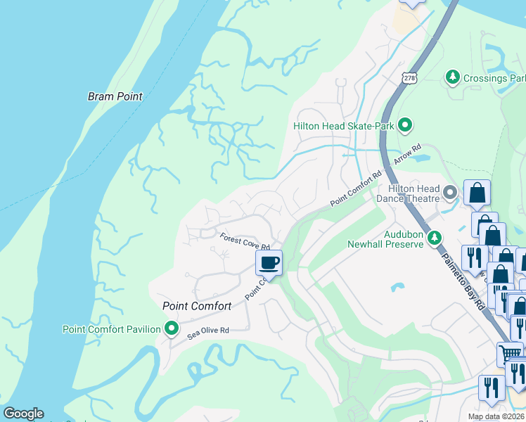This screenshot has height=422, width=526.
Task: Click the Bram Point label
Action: click(x=115, y=96)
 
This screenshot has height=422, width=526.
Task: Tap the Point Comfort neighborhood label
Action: click(x=197, y=306)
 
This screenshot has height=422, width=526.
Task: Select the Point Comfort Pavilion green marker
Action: click(x=171, y=328)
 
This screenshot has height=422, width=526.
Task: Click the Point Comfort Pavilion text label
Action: click(x=113, y=328)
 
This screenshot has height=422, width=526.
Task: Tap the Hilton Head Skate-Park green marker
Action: click(x=404, y=126)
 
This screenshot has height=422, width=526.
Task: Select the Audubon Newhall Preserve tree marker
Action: click(x=435, y=238)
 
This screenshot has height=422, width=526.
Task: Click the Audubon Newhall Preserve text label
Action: click(x=385, y=238)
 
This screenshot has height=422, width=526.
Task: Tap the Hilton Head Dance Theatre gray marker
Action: click(x=451, y=191)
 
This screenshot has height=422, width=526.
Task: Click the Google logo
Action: click(x=23, y=414)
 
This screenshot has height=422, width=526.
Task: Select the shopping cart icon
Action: click(x=510, y=353)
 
